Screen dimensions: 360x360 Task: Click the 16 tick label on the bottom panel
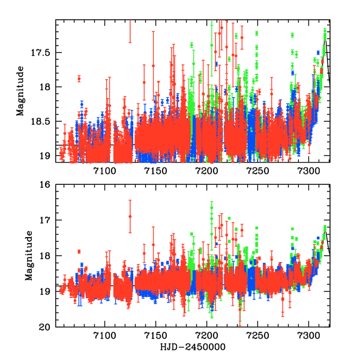46,184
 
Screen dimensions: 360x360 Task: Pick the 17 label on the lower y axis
46,220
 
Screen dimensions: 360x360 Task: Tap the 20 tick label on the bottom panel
46,327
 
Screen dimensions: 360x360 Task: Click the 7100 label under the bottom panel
104,337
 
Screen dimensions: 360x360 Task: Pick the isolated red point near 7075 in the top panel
79,79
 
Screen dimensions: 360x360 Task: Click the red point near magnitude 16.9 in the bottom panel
130,217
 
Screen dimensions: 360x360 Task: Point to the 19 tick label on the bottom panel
46,292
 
